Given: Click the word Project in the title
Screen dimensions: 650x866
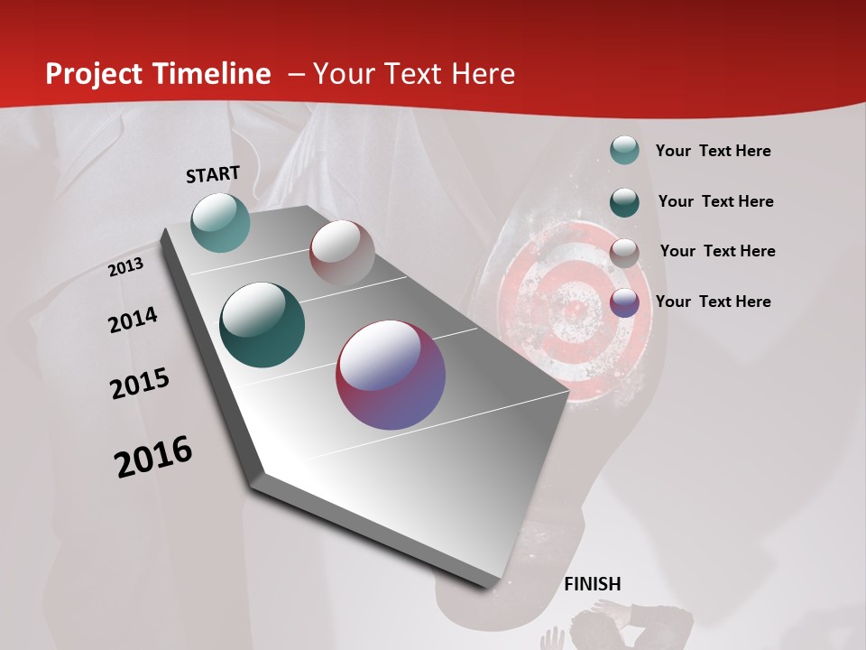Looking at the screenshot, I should point(95,74).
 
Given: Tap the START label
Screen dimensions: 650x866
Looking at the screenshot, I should point(213,174).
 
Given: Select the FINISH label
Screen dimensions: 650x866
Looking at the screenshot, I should point(593,584).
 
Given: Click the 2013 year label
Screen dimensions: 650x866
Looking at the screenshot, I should point(125,267).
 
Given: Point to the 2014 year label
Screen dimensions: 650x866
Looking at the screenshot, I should point(133,320).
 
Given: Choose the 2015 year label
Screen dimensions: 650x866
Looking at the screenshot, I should point(140,384).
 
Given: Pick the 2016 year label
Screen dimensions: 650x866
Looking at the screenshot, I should point(153,457).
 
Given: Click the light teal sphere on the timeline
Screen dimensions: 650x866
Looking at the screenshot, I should point(221,222).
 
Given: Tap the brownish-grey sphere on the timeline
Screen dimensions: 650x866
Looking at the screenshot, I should point(342,252).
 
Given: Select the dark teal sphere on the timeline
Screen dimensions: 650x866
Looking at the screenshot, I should point(263,325).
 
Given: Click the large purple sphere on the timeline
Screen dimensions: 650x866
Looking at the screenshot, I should point(391,375).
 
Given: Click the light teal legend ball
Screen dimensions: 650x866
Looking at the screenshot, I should point(624,151).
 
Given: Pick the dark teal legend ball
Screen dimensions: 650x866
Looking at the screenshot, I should point(624,202).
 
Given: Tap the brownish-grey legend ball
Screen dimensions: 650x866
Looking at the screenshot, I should point(624,253).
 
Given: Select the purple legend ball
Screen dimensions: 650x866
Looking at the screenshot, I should point(624,302).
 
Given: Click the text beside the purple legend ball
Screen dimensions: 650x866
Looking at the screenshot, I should point(714,302).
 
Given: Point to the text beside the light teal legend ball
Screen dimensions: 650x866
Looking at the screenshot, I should point(714,151).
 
